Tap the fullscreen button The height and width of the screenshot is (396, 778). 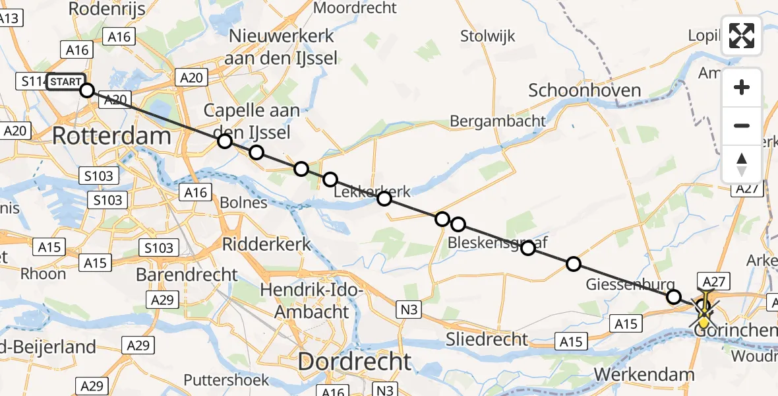[x=742, y=36]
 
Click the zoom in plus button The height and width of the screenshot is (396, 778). [x=742, y=87]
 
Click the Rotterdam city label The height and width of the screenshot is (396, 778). [x=111, y=137]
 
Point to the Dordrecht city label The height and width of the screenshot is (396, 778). [x=355, y=361]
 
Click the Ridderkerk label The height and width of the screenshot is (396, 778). [x=266, y=244]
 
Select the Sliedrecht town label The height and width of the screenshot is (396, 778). [x=486, y=339]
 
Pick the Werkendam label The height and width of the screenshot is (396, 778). [x=644, y=374]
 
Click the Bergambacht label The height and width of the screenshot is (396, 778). [x=498, y=121]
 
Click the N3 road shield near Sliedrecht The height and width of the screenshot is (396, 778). [x=407, y=308]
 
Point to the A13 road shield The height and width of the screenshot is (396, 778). [x=9, y=18]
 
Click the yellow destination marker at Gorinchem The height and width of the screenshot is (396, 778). [x=704, y=321]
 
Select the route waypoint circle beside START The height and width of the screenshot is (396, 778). [x=87, y=90]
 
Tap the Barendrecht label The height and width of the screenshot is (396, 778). [x=187, y=274]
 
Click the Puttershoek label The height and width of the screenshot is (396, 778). [x=226, y=380]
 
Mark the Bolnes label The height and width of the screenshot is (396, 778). [x=245, y=202]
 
